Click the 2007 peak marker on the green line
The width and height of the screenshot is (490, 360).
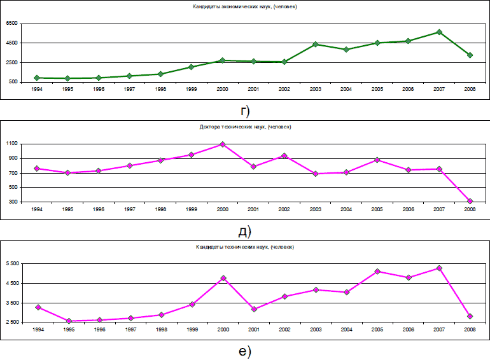439,32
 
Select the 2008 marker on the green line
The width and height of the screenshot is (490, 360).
470,55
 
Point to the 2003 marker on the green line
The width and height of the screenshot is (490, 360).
315,45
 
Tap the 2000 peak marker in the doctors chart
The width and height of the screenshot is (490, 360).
223,144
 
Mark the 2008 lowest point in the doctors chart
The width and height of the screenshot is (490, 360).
470,202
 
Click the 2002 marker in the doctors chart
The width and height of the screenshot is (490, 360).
284,156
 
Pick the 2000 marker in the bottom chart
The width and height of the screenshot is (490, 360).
223,278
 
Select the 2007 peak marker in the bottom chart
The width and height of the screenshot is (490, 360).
439,268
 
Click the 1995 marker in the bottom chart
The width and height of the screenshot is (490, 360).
69,321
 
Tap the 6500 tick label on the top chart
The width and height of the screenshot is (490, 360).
12,23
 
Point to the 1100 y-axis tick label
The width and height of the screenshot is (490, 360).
12,144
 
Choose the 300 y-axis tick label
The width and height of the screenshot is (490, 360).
13,202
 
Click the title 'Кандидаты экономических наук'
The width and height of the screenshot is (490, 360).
245,6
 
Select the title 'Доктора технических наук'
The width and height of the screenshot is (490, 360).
245,127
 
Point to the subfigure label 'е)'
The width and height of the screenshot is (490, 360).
245,350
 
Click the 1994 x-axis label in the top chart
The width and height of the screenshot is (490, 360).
38,88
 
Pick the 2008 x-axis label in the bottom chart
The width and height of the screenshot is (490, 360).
470,329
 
